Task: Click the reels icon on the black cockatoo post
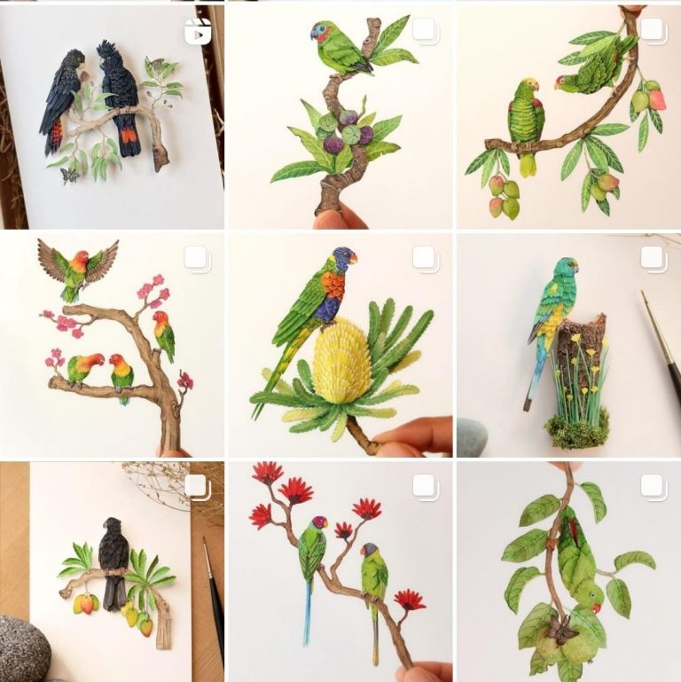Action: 197,32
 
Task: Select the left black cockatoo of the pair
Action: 61,98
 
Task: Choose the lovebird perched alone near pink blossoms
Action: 163,334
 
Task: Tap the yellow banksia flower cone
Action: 342,359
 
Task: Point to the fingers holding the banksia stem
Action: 417,435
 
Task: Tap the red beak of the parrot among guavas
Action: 598,608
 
